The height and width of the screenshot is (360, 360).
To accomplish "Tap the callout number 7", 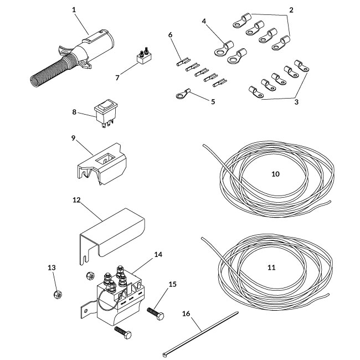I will (x=117, y=78).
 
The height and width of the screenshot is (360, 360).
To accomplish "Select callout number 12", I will (x=76, y=199).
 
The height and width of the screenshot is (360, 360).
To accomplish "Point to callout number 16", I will (x=186, y=314).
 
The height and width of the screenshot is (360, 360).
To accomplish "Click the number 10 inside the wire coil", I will (x=275, y=174).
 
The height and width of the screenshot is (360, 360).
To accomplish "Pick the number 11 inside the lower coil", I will (x=271, y=267).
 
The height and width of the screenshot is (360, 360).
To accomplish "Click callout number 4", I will (x=204, y=22).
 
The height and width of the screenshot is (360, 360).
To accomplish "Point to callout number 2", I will (x=291, y=10).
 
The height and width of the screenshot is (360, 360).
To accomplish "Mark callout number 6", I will (x=170, y=34).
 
